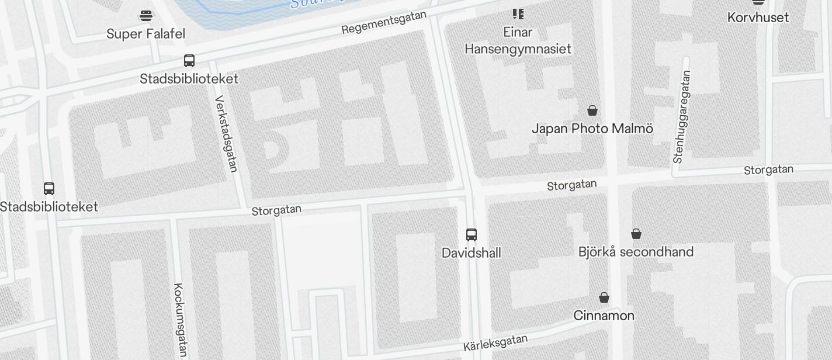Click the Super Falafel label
pyautogui.click(x=145, y=34)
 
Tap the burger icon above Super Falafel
pyautogui.click(x=145, y=15)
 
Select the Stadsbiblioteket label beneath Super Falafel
pyautogui.click(x=189, y=79)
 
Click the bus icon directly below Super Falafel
pyautogui.click(x=189, y=60)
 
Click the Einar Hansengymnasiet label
pyautogui.click(x=518, y=40)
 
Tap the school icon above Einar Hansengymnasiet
pyautogui.click(x=518, y=13)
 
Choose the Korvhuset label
pyautogui.click(x=758, y=18)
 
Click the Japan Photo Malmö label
pyautogui.click(x=592, y=129)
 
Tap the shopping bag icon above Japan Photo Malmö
pyautogui.click(x=592, y=110)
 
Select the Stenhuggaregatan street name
pyautogui.click(x=682, y=117)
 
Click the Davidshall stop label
pyautogui.click(x=471, y=253)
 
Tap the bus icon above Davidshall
pyautogui.click(x=471, y=234)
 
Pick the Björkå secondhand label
pyautogui.click(x=636, y=252)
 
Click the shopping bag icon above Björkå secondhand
pyautogui.click(x=636, y=234)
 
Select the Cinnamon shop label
pyautogui.click(x=604, y=316)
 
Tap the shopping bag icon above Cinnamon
pyautogui.click(x=604, y=297)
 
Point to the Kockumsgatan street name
pyautogui.click(x=180, y=319)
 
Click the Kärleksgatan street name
pyautogui.click(x=495, y=342)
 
